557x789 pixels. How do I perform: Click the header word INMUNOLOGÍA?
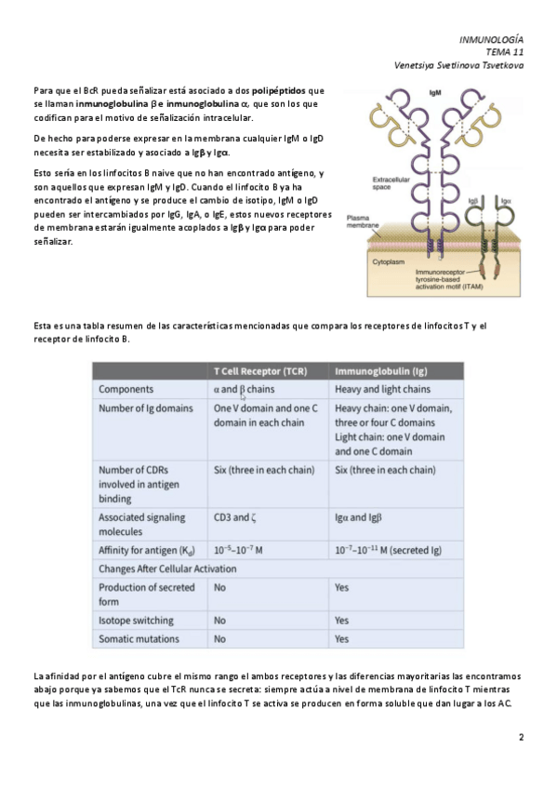coord(491,40)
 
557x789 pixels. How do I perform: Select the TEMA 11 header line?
coord(505,52)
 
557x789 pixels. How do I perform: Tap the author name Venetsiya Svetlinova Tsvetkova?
coord(458,65)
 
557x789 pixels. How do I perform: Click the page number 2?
coord(522,737)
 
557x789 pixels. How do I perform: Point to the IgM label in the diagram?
coord(435,93)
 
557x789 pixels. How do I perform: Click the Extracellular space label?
coord(391,183)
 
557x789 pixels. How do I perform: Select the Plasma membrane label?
coord(363,221)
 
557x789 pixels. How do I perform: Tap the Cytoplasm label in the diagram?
coord(388,262)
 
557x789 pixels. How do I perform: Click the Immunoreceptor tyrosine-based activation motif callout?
coord(449,279)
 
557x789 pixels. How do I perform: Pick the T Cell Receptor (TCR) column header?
coord(260,371)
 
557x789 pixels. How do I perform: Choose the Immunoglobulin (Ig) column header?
coord(381,371)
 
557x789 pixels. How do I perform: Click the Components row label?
coord(126,390)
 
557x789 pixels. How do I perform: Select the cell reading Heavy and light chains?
coord(382,390)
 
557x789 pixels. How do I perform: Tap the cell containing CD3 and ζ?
coord(234,517)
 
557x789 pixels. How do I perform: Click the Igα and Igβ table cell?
coord(358,517)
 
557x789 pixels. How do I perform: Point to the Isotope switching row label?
coord(137,621)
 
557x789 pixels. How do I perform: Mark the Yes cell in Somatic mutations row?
coord(342,639)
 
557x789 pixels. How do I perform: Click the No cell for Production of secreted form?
coord(219,587)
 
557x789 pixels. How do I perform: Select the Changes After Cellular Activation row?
coord(167,569)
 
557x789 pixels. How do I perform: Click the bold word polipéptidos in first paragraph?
coord(279,91)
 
